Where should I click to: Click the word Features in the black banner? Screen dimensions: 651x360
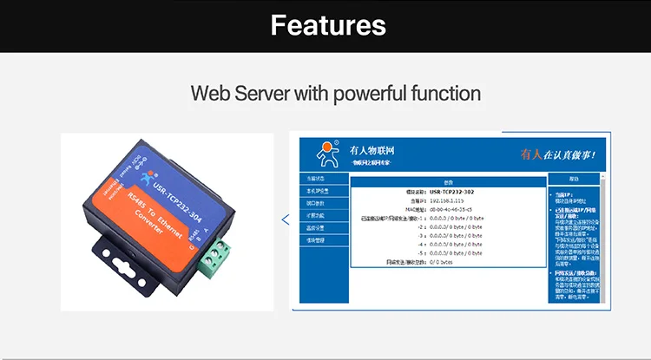tap(327, 24)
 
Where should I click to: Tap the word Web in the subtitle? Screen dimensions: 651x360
tap(209, 93)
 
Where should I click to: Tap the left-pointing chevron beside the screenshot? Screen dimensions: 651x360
tap(286, 220)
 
